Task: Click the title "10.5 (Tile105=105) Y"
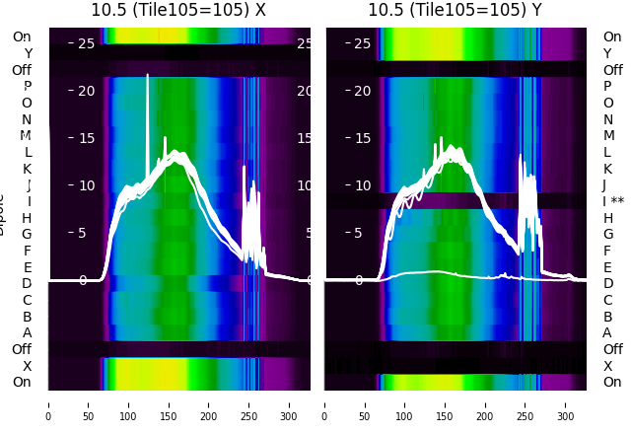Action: (456, 10)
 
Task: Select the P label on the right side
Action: (607, 86)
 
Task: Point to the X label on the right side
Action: (607, 366)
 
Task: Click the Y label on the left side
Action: (28, 53)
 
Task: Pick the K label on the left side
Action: (28, 169)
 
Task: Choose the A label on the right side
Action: (607, 332)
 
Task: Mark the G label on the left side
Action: (27, 234)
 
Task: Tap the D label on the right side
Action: (607, 283)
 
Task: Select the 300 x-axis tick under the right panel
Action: (566, 404)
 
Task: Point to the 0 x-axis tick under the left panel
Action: (48, 404)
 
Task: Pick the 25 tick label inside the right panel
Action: (361, 43)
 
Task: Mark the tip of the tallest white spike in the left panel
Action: (148, 75)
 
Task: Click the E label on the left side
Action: (28, 267)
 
